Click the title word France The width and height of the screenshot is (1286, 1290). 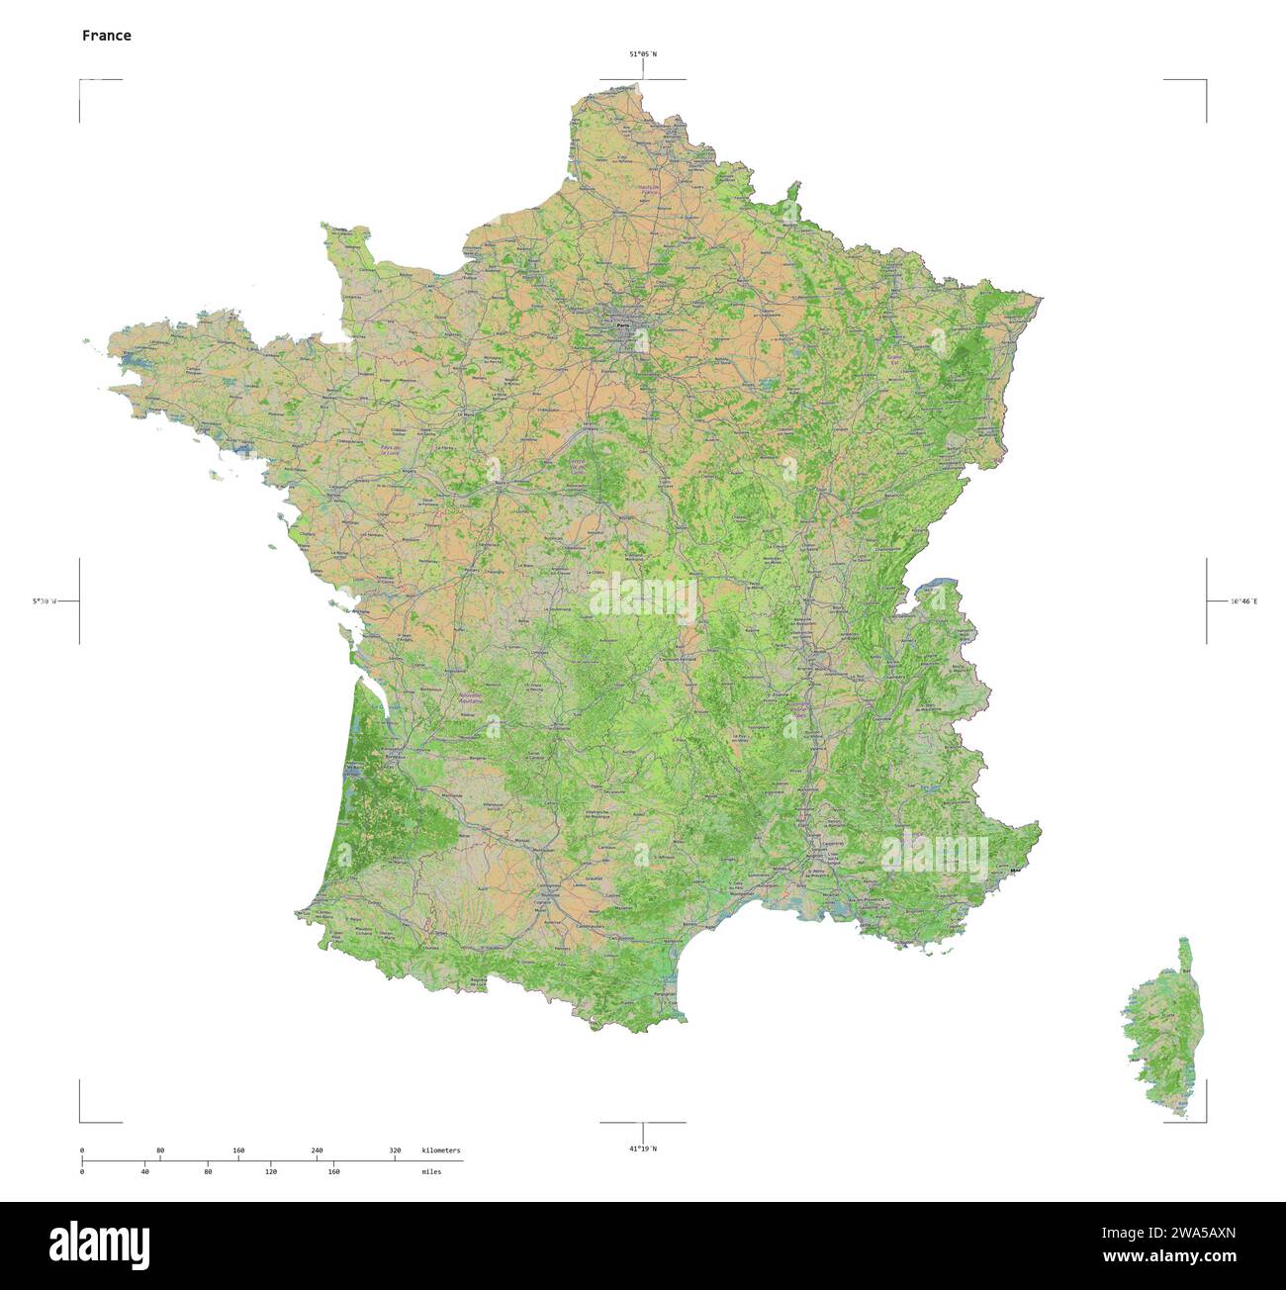pos(106,36)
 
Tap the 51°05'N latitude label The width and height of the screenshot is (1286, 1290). pos(642,54)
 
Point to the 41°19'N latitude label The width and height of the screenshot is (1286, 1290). pos(642,1149)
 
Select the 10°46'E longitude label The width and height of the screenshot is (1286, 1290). pos(1243,600)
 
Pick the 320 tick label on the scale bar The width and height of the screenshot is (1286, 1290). pos(395,1151)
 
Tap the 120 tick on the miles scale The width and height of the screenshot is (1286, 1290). pos(270,1171)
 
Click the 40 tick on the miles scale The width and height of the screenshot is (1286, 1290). pos(144,1171)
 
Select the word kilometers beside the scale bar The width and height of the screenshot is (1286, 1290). pos(441,1151)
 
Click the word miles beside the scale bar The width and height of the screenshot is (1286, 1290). pos(431,1171)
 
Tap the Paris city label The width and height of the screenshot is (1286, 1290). pos(622,324)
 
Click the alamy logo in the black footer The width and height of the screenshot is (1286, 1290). pos(99,1244)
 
